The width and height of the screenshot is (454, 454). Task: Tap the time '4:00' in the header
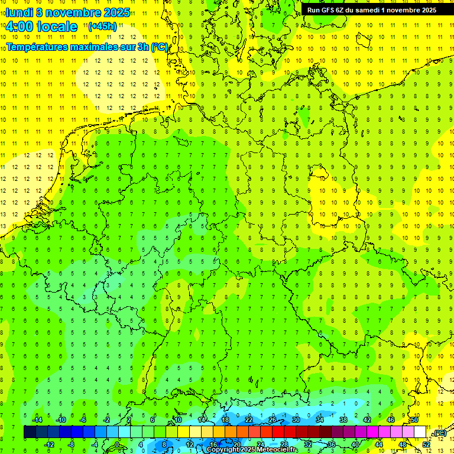(20, 27)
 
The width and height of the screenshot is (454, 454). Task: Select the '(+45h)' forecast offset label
(102, 26)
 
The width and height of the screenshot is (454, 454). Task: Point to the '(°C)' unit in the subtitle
(160, 47)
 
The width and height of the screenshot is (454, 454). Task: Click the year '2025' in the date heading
(116, 12)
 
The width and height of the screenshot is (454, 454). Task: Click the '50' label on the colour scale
(414, 420)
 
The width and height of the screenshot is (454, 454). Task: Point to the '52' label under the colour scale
(426, 445)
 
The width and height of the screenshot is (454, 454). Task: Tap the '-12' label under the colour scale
(49, 445)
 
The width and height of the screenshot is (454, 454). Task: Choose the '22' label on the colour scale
(249, 420)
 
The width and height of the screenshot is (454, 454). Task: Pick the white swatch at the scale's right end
(420, 432)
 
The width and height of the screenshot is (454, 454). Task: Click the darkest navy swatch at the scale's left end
(30, 432)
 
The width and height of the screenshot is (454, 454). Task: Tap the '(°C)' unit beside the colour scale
(439, 433)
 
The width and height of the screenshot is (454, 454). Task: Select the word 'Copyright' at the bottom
(223, 450)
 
